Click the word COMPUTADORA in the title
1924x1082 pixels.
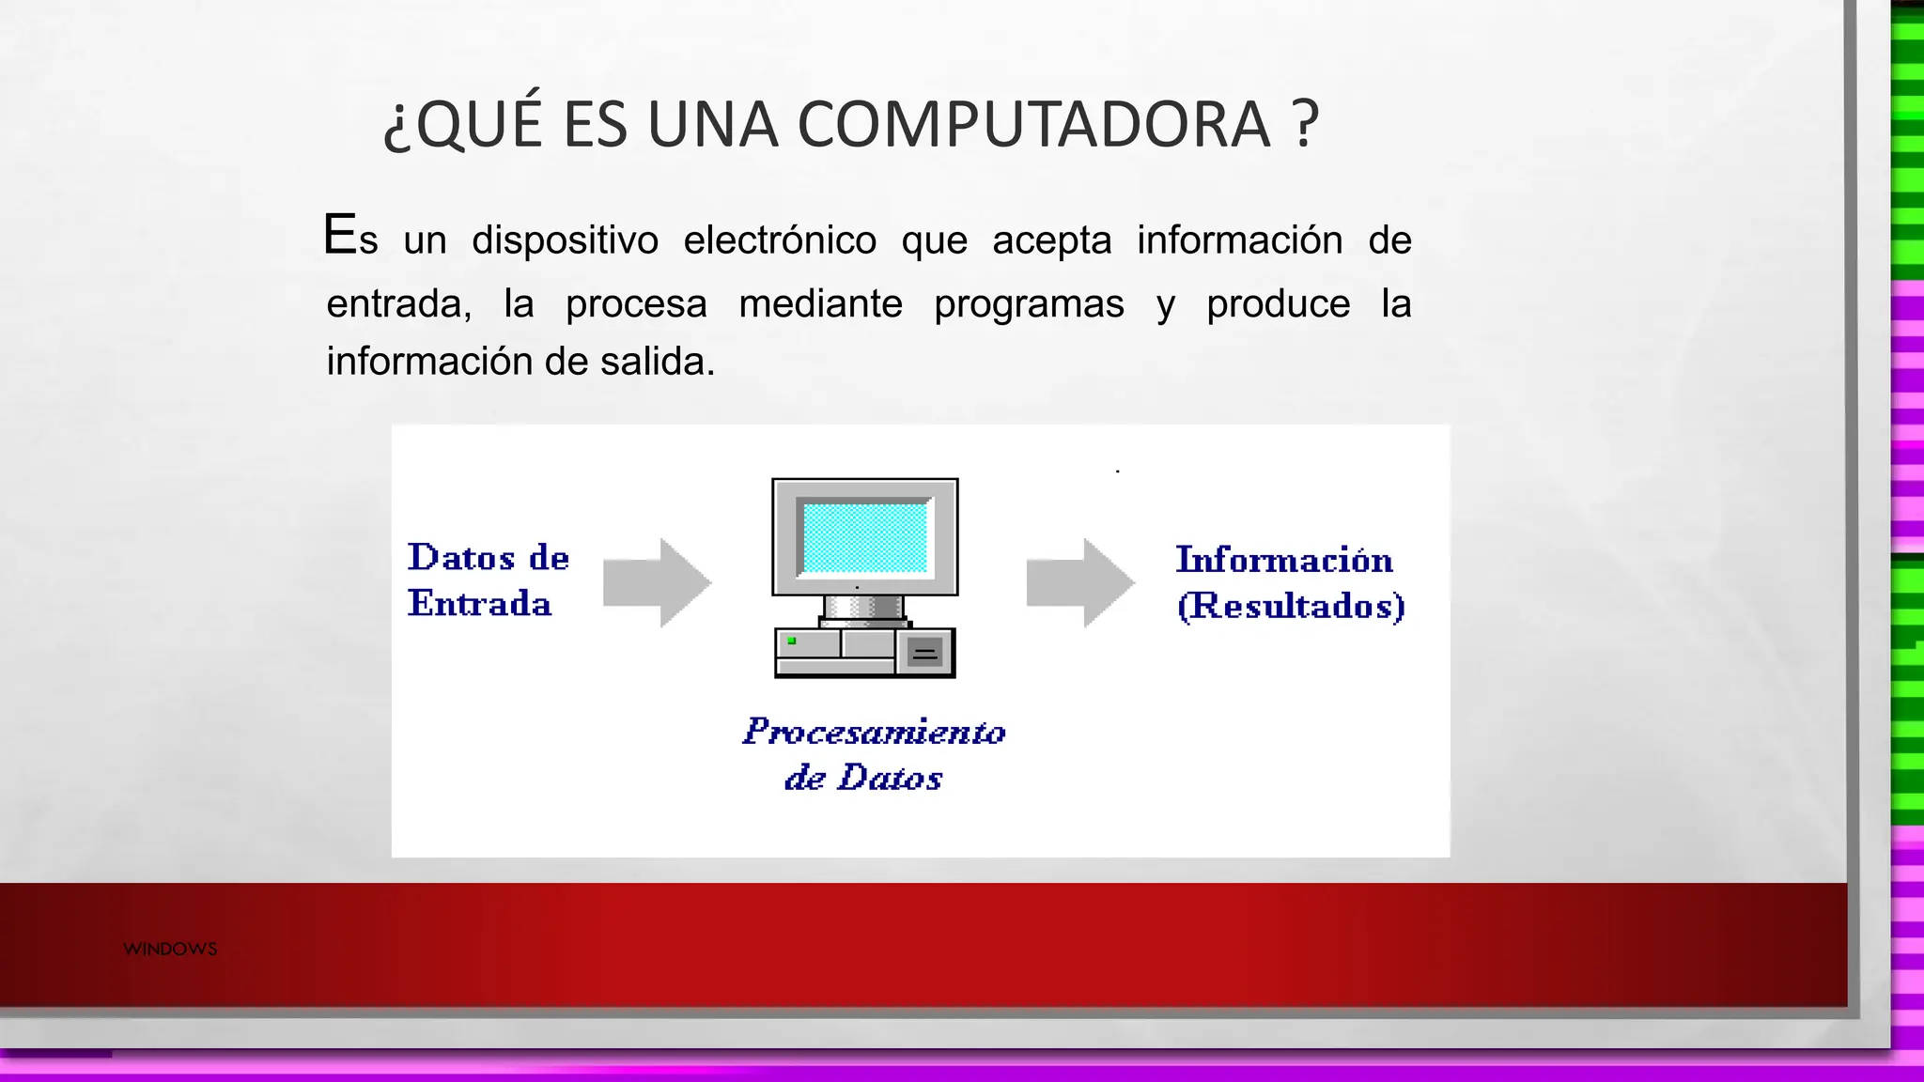[x=1033, y=125]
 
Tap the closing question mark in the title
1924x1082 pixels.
[x=1305, y=125]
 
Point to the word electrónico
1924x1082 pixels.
[x=779, y=240]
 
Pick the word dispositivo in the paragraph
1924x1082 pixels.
[x=565, y=240]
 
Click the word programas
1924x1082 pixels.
[x=1029, y=304]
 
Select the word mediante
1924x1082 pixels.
[x=820, y=304]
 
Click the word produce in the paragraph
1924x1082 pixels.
[x=1278, y=304]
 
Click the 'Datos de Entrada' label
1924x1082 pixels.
[x=487, y=580]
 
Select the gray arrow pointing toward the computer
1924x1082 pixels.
[x=658, y=582]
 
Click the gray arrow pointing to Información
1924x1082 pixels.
[x=1080, y=582]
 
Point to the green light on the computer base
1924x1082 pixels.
[x=792, y=641]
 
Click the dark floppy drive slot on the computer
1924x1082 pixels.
[x=925, y=653]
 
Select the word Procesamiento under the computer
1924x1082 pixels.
[x=874, y=732]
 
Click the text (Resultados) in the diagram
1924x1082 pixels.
[x=1291, y=606]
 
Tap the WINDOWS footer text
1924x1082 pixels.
[x=170, y=949]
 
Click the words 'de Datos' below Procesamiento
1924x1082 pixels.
[x=863, y=778]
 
